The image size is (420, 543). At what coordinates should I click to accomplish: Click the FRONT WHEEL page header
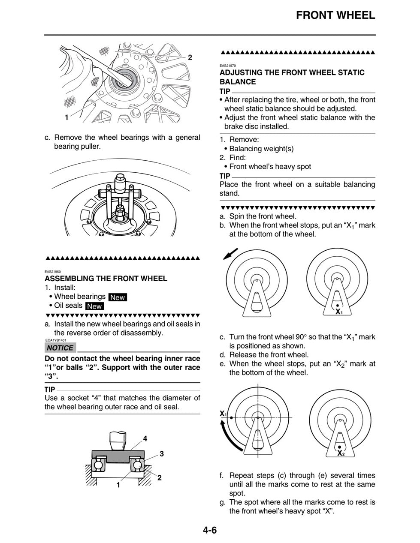[x=335, y=15]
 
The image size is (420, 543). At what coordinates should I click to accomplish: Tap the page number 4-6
[x=210, y=530]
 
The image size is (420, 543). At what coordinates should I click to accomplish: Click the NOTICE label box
[x=60, y=348]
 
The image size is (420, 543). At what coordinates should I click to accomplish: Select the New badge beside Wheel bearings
[x=118, y=297]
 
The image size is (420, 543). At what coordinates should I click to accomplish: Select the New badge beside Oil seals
[x=94, y=306]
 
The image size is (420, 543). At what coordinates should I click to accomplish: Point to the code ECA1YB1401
[x=55, y=340]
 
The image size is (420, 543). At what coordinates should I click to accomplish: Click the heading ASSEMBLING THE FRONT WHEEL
[x=106, y=279]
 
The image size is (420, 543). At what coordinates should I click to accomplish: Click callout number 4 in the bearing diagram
[x=145, y=438]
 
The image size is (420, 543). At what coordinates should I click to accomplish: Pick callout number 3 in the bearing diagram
[x=162, y=453]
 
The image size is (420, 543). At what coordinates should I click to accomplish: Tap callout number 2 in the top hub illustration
[x=190, y=57]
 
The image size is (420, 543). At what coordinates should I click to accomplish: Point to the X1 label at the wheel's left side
[x=223, y=414]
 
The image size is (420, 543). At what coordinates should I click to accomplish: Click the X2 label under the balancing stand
[x=341, y=453]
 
